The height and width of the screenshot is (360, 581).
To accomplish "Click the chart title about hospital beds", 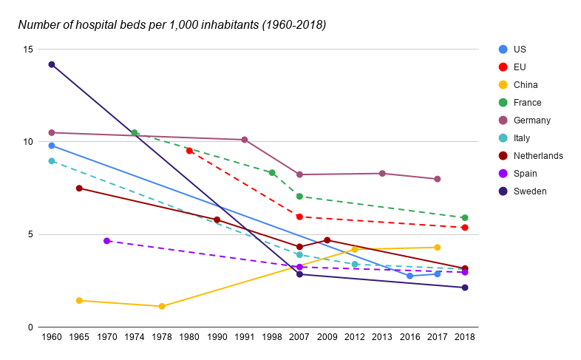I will pyautogui.click(x=171, y=24).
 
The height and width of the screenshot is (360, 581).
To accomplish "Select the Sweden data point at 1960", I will pyautogui.click(x=52, y=64).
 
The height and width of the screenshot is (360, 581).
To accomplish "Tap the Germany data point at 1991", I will pyautogui.click(x=245, y=140).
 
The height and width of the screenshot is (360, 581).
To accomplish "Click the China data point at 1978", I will pyautogui.click(x=162, y=306).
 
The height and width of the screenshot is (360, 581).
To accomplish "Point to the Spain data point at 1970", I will pyautogui.click(x=107, y=241).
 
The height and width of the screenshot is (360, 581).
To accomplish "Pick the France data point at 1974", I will pyautogui.click(x=135, y=133).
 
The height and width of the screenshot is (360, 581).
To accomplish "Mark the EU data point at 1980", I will pyautogui.click(x=189, y=151).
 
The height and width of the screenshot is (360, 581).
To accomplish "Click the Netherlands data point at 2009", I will pyautogui.click(x=327, y=240).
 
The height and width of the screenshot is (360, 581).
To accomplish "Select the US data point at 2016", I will pyautogui.click(x=410, y=276).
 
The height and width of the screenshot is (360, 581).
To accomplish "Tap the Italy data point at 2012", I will pyautogui.click(x=355, y=264).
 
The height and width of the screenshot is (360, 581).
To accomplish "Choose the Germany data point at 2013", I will pyautogui.click(x=382, y=174).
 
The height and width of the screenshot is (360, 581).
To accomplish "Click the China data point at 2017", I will pyautogui.click(x=437, y=247).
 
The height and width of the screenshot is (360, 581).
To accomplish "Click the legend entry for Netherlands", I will pyautogui.click(x=537, y=156).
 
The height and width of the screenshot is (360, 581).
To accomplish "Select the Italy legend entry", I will pyautogui.click(x=522, y=138).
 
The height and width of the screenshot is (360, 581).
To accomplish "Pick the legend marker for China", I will pyautogui.click(x=503, y=85).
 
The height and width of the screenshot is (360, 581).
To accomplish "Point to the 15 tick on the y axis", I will pyautogui.click(x=28, y=50).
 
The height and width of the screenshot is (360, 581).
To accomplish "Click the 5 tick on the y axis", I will pyautogui.click(x=30, y=234).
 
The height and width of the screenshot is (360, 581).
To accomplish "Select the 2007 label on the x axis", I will pyautogui.click(x=299, y=337).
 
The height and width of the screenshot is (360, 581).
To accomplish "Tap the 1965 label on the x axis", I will pyautogui.click(x=79, y=337).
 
